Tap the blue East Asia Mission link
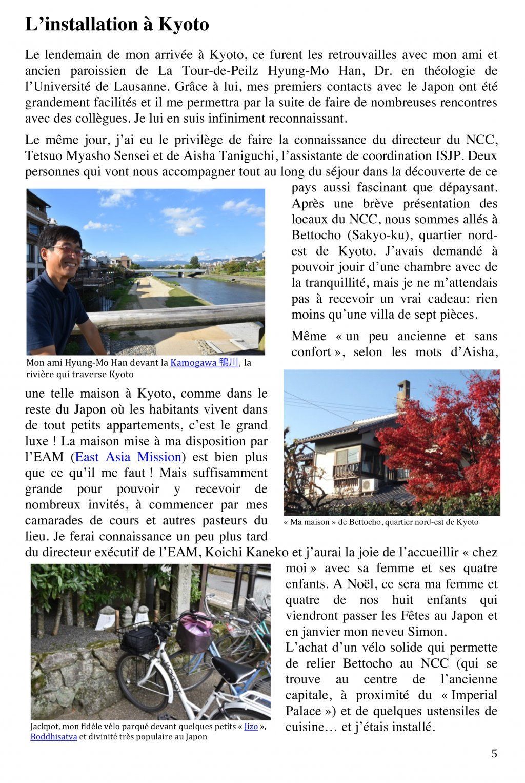pos(128,457)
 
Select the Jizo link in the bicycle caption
pos(251,727)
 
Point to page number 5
pos(494,754)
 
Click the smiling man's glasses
pos(66,250)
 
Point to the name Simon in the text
pos(418,631)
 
